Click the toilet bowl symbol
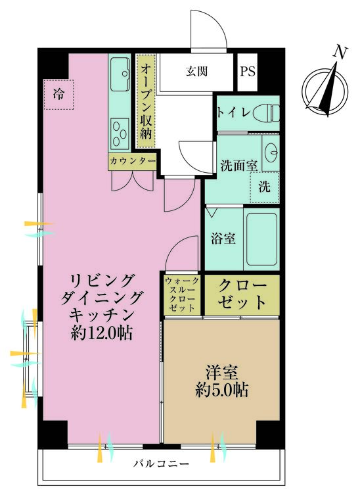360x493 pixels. coord(265,112)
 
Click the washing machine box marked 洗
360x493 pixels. coord(263,185)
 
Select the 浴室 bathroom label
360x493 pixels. coord(223,238)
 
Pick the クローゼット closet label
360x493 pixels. coord(242,294)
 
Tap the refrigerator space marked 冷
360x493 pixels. coord(58,94)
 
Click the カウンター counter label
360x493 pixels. coord(132,160)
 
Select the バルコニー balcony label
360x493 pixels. coord(161,463)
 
